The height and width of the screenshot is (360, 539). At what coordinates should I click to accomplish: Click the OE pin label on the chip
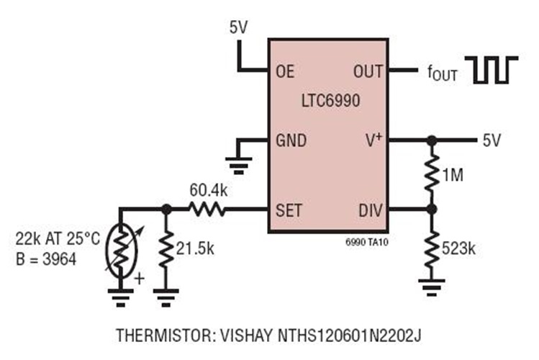pyautogui.click(x=286, y=71)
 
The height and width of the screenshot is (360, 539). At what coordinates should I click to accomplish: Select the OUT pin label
pyautogui.click(x=367, y=71)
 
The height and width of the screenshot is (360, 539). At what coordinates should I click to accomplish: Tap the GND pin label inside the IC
pyautogui.click(x=291, y=140)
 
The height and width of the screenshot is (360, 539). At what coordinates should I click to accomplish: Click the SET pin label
pyautogui.click(x=289, y=210)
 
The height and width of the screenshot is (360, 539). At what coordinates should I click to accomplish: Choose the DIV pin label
pyautogui.click(x=369, y=210)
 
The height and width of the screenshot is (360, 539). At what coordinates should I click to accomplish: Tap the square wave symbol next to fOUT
pyautogui.click(x=495, y=69)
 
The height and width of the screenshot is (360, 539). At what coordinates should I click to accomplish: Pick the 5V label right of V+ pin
pyautogui.click(x=492, y=140)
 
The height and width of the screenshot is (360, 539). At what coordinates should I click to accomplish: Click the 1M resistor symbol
pyautogui.click(x=432, y=175)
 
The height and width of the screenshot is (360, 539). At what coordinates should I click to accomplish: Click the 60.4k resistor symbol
pyautogui.click(x=208, y=210)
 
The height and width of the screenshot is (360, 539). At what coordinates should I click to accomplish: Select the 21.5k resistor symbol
pyautogui.click(x=166, y=248)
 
